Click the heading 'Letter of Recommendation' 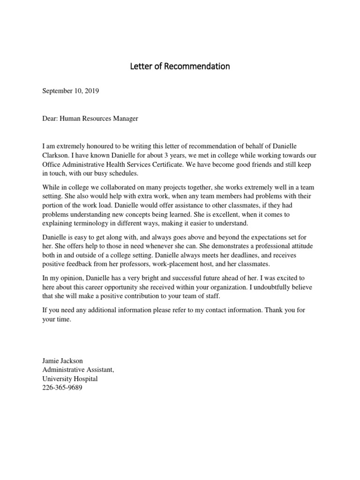click(x=180, y=67)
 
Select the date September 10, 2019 click(x=71, y=92)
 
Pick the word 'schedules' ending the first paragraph click(x=123, y=173)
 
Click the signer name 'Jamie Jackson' click(x=63, y=361)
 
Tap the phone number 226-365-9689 click(x=62, y=388)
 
